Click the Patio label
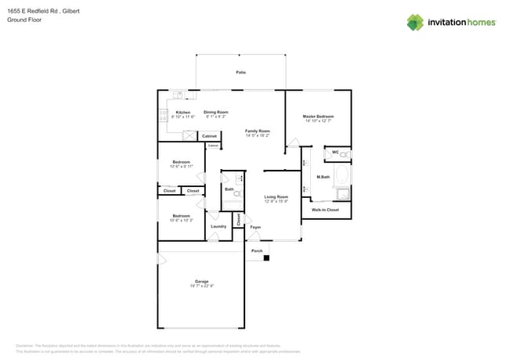(241, 72)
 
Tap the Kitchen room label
(183, 112)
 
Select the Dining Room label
(216, 112)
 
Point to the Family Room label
(258, 131)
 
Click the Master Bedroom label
(318, 117)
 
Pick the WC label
(335, 152)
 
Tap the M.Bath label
(323, 178)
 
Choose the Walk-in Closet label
(325, 210)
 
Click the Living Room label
(276, 196)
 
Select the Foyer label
(255, 227)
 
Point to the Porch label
(257, 250)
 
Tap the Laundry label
(218, 226)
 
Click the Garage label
(201, 281)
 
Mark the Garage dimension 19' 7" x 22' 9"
(201, 286)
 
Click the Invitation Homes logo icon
(415, 22)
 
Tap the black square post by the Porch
(266, 257)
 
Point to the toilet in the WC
(345, 154)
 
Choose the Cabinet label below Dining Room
(209, 136)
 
